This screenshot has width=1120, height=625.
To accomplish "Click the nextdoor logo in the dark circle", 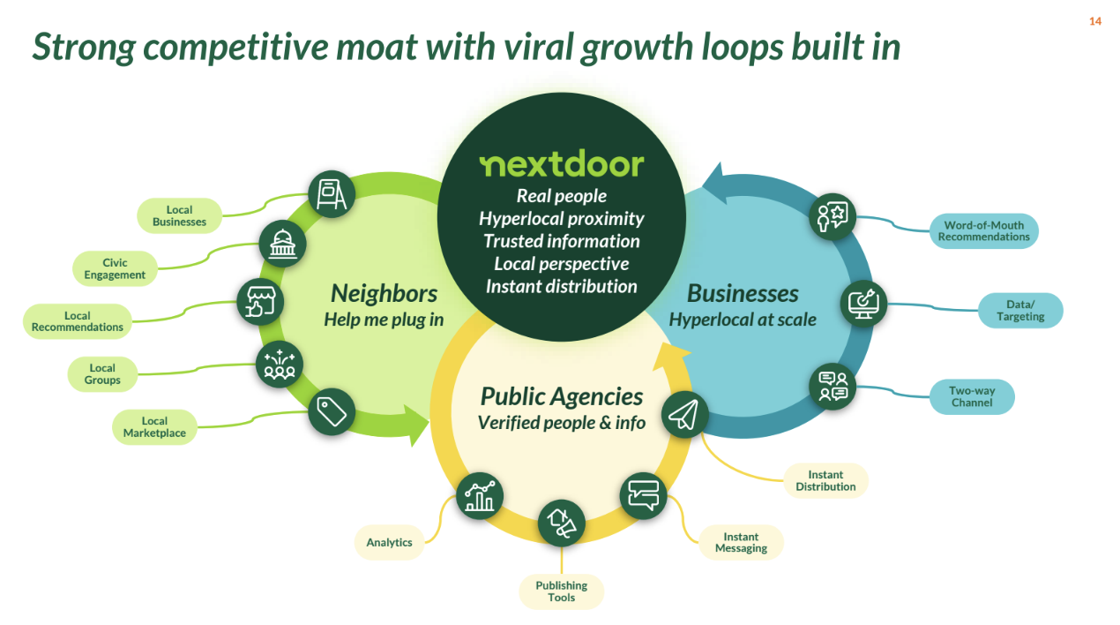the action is coord(562,163).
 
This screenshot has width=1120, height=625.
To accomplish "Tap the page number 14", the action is coord(1095,21).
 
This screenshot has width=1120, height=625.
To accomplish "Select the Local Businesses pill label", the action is coord(180,215).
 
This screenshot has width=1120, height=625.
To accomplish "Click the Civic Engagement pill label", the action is coord(115,268).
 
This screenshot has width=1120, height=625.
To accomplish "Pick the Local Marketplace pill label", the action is coord(154,427).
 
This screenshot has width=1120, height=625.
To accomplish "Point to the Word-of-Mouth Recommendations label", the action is coord(983,230).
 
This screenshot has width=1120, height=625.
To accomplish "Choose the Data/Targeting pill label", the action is coord(1020,310).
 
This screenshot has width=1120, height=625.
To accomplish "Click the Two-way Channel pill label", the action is coord(972,396).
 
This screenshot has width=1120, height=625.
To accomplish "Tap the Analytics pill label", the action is coord(389,542).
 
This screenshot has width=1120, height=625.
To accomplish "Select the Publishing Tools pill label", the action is coord(562,591).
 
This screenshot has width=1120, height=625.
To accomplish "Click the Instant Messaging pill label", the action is coord(741,542).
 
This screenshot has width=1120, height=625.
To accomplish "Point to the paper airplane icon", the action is coord(684,414).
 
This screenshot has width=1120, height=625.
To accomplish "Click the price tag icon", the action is coord(331,412).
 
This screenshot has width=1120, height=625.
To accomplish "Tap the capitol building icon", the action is coord(282,244).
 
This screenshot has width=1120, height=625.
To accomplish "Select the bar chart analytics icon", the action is coord(480,496).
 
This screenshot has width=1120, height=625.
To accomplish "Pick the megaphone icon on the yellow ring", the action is coord(562,523).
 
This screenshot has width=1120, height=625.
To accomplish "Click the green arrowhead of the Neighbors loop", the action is coord(416,425).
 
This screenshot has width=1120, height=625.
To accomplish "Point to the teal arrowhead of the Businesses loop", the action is coord(716,184).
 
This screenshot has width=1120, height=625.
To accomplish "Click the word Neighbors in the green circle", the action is coord(384,294).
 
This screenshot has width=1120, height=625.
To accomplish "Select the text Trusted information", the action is coord(562,241).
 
